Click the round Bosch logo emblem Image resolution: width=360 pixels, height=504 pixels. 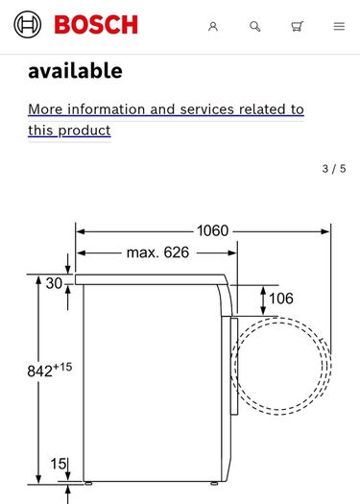[x=28, y=24]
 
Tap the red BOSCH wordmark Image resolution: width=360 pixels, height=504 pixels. [x=96, y=25]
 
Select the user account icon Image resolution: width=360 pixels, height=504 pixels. [x=213, y=26]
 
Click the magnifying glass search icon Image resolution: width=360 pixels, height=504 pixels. [x=255, y=26]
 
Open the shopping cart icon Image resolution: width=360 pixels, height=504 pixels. [x=297, y=26]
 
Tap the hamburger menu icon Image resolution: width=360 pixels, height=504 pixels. [x=339, y=26]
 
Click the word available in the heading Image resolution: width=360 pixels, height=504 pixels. [x=75, y=71]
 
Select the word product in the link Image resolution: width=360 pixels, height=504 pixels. [x=84, y=131]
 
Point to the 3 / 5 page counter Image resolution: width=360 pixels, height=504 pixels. [x=334, y=168]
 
